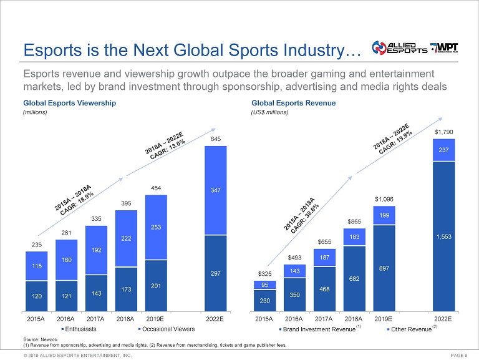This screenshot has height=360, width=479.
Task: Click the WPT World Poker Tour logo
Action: (x=447, y=48)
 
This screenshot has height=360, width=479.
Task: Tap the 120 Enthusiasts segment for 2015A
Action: (x=36, y=298)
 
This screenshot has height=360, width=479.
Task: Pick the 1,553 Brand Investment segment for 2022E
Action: (x=444, y=236)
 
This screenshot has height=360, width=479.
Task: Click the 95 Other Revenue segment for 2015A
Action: (x=264, y=285)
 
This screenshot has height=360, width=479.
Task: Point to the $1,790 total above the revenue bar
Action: (x=444, y=131)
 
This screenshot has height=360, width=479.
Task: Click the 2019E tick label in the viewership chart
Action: (x=157, y=318)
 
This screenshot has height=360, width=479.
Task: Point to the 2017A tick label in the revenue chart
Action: (x=325, y=318)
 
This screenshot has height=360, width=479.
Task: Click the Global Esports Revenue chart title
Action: (x=293, y=103)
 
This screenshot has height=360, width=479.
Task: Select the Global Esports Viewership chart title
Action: (x=69, y=103)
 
